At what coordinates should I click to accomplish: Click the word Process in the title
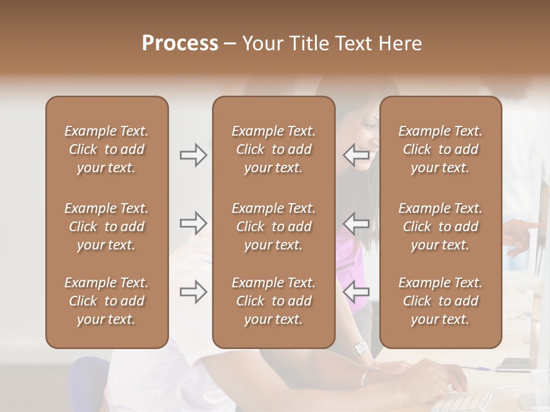click(180, 43)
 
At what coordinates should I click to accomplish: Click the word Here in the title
click(400, 43)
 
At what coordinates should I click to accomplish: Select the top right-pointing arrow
click(193, 155)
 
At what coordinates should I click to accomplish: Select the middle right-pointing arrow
click(193, 223)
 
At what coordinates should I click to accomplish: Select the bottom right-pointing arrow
click(193, 292)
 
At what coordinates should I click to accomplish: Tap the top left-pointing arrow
click(356, 155)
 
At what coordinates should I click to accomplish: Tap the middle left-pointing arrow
click(356, 223)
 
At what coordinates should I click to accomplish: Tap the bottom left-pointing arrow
click(356, 292)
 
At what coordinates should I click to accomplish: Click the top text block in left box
click(107, 149)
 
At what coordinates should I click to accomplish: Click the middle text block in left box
click(107, 227)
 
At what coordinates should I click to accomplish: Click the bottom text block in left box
click(107, 301)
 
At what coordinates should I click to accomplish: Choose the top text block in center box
click(273, 149)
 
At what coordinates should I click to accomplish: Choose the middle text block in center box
click(273, 227)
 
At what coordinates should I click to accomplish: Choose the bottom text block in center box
click(273, 301)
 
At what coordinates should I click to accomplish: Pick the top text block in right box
click(441, 149)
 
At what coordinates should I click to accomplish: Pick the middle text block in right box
click(441, 227)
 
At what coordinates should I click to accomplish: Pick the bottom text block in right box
click(441, 301)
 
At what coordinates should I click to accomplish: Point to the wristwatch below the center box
click(360, 348)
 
